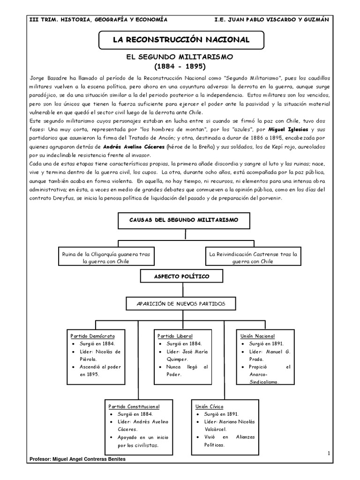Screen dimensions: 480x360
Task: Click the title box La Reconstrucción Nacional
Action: (180, 40)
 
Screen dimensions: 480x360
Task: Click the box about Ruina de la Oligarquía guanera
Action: (106, 257)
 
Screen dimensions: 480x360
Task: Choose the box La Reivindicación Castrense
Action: (254, 257)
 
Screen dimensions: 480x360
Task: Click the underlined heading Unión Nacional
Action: (258, 336)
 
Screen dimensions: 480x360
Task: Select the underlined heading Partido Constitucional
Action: (134, 406)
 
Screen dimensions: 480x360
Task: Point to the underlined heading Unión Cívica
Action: (210, 406)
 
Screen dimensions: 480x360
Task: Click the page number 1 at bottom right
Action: (330, 453)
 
